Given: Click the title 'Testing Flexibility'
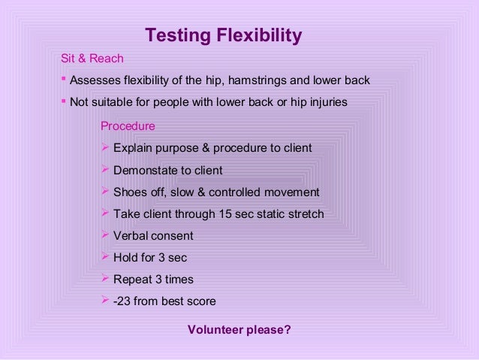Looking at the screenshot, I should pyautogui.click(x=223, y=35).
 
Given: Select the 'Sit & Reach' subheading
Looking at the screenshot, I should pyautogui.click(x=92, y=58).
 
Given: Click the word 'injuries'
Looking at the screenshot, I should pyautogui.click(x=327, y=102).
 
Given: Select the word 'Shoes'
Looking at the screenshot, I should pyautogui.click(x=128, y=192).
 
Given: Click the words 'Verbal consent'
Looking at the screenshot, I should pyautogui.click(x=153, y=236).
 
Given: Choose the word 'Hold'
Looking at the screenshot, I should pyautogui.click(x=126, y=258).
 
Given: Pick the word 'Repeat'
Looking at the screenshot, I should pyautogui.click(x=131, y=280).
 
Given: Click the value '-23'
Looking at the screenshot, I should pyautogui.click(x=122, y=301).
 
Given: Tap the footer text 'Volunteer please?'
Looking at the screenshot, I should pyautogui.click(x=239, y=329).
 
